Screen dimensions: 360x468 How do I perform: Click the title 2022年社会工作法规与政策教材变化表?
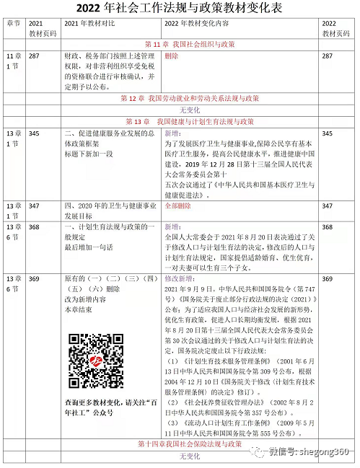(180, 9)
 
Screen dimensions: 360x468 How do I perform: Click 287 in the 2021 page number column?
(34, 56)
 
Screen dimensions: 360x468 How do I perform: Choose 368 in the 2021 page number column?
(34, 226)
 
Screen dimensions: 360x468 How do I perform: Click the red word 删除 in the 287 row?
(172, 56)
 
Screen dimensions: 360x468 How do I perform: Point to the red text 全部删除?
(179, 206)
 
